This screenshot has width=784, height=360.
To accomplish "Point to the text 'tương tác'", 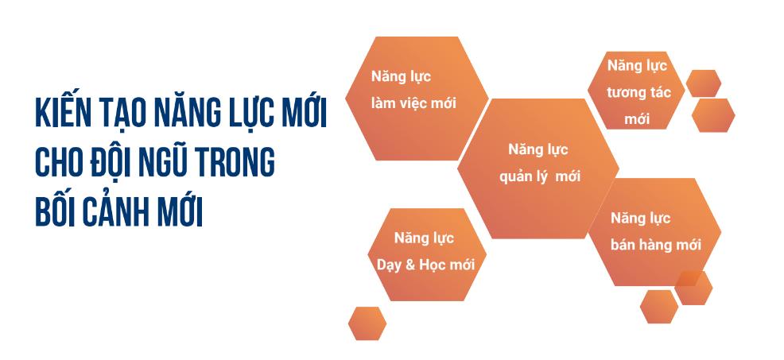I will tap(638, 92).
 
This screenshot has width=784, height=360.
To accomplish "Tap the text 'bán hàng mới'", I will tap(656, 245).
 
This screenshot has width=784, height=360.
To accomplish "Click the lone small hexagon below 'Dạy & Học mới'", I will tap(367, 323).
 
